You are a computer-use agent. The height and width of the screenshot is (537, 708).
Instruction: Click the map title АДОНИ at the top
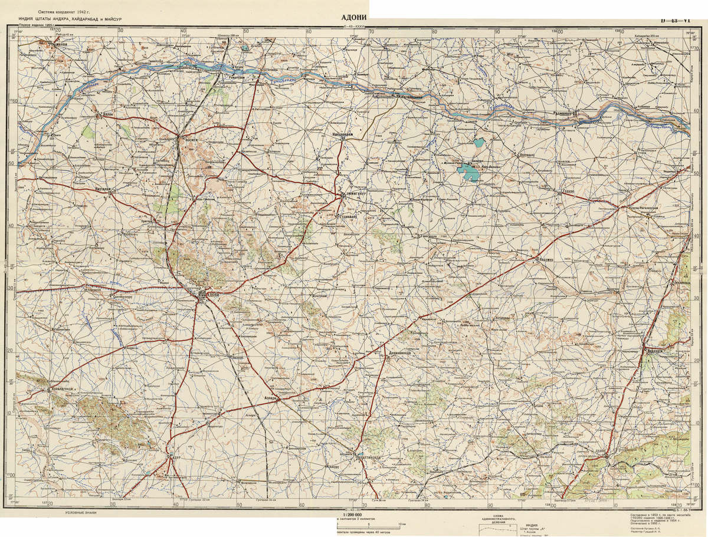(354, 17)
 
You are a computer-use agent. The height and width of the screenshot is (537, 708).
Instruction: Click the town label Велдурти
(655, 350)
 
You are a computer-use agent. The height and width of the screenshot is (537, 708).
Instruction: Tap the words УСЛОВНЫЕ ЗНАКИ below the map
(82, 514)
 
